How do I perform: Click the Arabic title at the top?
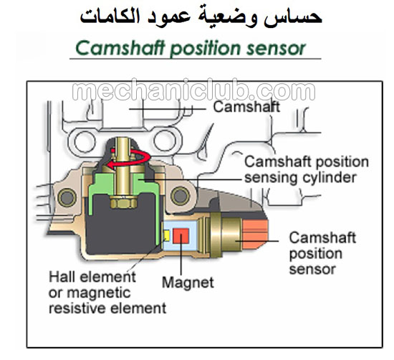click(201, 16)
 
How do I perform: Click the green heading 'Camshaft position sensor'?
click(191, 48)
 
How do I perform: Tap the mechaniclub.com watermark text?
click(193, 90)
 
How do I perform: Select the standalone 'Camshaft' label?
click(246, 107)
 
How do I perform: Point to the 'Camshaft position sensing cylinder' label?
click(307, 169)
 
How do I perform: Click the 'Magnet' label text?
click(188, 283)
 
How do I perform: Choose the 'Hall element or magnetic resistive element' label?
click(107, 293)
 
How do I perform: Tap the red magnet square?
click(181, 236)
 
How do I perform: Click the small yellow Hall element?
click(166, 235)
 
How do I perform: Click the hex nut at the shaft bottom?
click(123, 202)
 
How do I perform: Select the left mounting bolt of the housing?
click(67, 197)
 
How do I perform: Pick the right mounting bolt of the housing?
click(180, 196)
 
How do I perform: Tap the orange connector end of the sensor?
click(254, 235)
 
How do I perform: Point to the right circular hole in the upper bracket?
click(164, 141)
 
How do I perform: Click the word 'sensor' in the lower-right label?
click(312, 269)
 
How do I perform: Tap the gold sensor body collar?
click(216, 235)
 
